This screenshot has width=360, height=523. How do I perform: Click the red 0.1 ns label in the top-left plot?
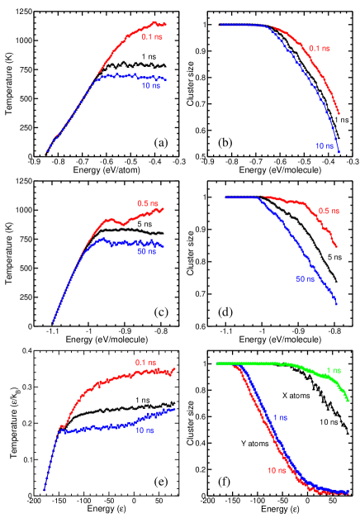(152, 36)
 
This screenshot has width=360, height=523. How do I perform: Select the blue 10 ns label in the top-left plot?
(150, 85)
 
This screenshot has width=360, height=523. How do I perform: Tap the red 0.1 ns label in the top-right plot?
(320, 48)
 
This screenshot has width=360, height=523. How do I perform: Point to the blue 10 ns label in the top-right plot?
(324, 146)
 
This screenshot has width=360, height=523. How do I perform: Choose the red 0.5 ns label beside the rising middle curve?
(148, 203)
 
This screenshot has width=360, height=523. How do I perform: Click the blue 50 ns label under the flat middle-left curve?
(147, 251)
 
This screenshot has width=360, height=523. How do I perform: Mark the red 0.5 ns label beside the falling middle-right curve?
(329, 212)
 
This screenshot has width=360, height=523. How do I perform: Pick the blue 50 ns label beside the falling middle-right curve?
(306, 279)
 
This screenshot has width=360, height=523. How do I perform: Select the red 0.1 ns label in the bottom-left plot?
(146, 362)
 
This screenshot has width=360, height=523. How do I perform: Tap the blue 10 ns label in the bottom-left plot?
(144, 430)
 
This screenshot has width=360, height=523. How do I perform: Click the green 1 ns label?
(334, 369)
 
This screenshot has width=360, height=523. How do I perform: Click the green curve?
(281, 364)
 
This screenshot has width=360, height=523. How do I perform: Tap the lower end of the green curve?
(349, 401)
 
